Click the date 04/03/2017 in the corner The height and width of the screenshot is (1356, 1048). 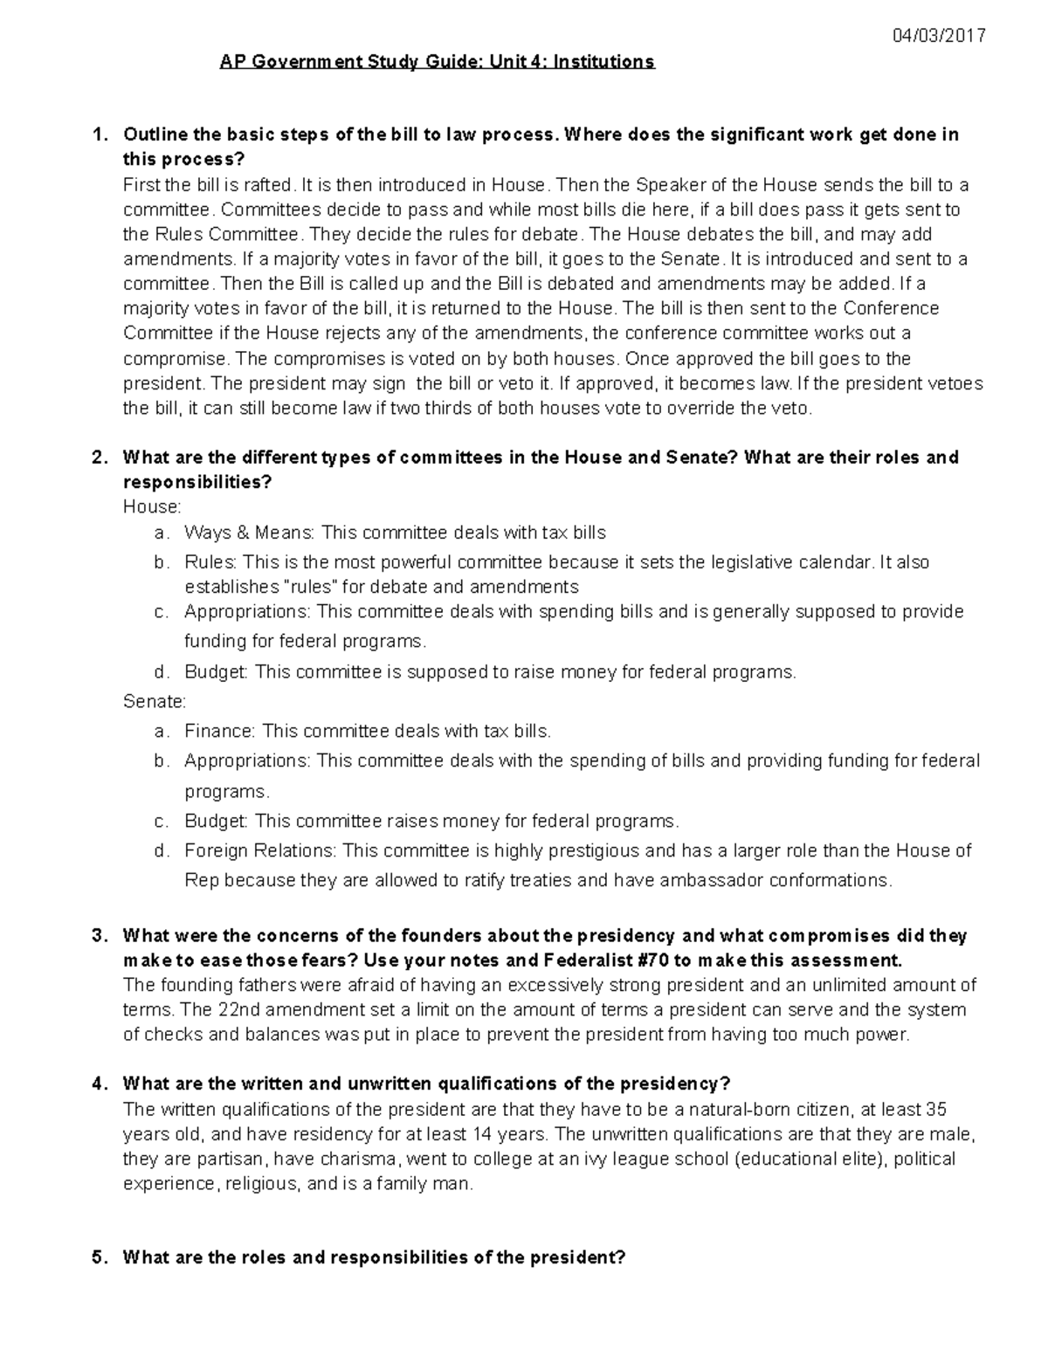click(938, 36)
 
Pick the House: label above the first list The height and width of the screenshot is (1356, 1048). click(152, 506)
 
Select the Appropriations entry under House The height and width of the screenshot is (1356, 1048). click(247, 611)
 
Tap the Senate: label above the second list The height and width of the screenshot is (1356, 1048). click(155, 701)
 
